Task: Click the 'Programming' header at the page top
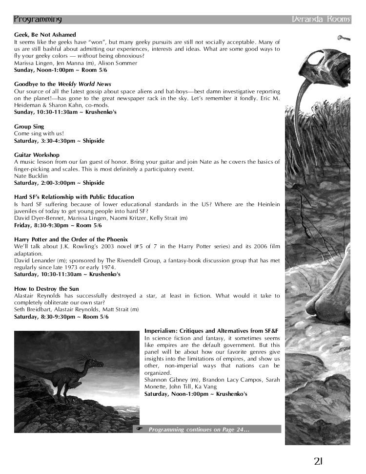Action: pos(38,20)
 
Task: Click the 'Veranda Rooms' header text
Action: pos(321,20)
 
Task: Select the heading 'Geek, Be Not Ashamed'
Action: pos(45,35)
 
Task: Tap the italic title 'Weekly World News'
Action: pos(84,85)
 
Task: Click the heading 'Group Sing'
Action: pos(29,127)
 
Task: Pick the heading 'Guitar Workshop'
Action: pos(37,155)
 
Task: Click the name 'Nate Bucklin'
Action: pos(31,176)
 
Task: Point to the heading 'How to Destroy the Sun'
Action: pos(46,289)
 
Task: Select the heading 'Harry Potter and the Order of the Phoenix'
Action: pos(71,239)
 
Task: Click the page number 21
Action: pos(319,461)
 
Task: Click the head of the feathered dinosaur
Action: pos(95,363)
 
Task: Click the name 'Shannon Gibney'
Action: pos(161,380)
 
